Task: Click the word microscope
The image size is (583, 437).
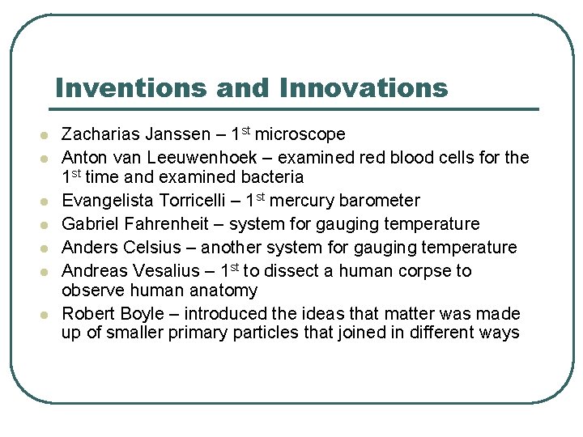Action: (x=300, y=134)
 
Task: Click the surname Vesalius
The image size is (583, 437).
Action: (x=168, y=271)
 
